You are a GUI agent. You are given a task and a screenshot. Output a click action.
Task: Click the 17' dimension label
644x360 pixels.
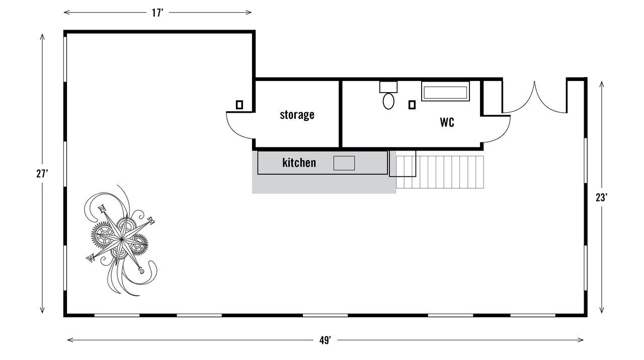coord(158,13)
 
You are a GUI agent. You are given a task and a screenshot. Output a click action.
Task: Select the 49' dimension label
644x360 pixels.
coord(325,340)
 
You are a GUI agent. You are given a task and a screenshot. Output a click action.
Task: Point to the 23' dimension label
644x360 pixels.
coord(601,197)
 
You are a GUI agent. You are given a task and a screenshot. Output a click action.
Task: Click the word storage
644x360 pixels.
coord(297,115)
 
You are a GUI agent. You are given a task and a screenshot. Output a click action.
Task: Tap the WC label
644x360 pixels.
coord(447,122)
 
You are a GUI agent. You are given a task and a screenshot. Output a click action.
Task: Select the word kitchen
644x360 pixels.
coord(299,163)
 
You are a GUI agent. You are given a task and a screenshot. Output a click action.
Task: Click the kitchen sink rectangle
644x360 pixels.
coord(344,163)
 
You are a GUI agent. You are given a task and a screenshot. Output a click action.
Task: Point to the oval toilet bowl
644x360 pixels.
coord(388,101)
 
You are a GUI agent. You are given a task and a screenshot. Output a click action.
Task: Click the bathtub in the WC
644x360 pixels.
coord(445,93)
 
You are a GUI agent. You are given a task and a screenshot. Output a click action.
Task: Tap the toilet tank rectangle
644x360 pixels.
coord(388,86)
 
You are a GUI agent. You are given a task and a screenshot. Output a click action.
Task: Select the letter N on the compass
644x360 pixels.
coord(103,209)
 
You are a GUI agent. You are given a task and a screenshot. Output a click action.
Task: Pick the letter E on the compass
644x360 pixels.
coord(150,220)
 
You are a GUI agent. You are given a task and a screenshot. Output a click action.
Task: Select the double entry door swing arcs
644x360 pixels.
coord(535,98)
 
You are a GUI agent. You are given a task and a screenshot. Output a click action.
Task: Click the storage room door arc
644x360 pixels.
coord(239,126)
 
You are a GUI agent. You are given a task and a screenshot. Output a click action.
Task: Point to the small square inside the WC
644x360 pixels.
coord(412,105)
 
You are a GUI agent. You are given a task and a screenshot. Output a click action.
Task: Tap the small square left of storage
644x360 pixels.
coord(239,105)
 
